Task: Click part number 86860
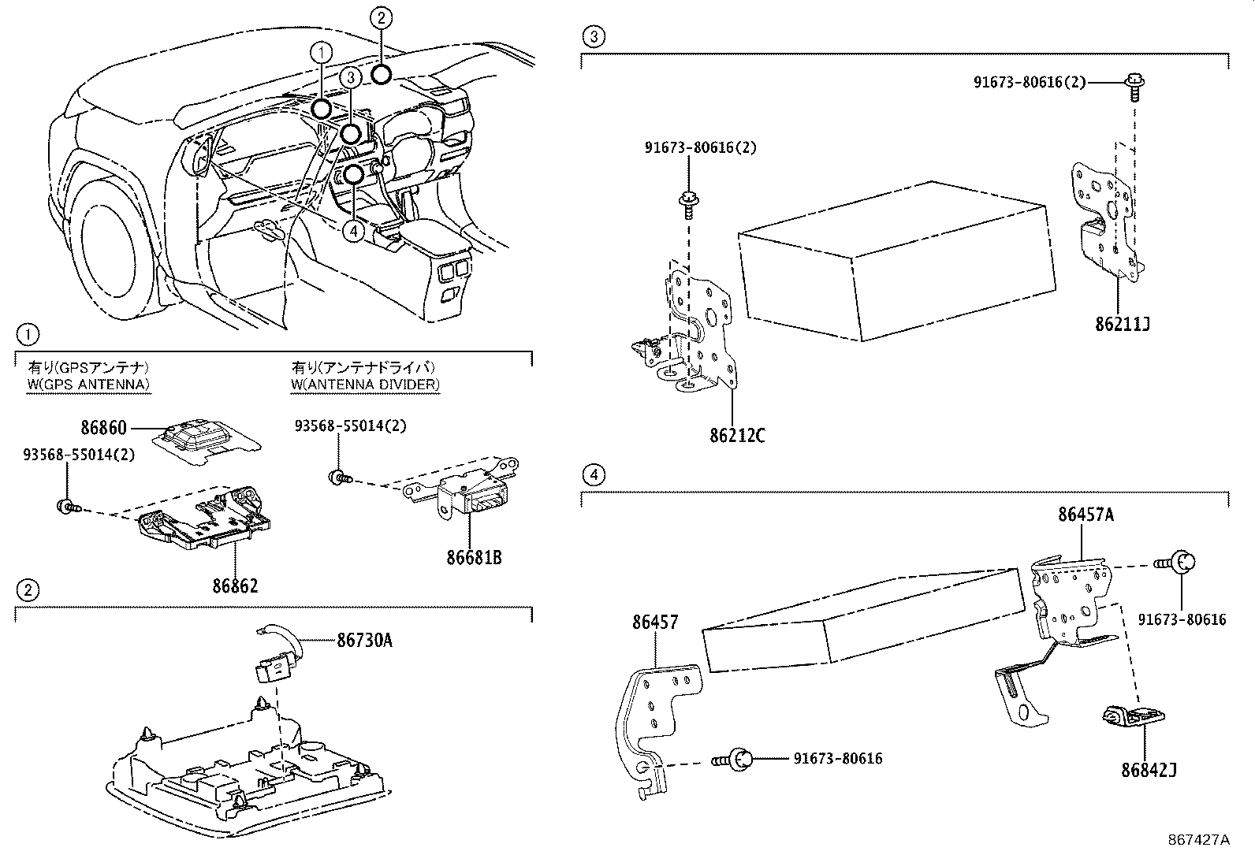tap(103, 428)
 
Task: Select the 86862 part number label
tap(235, 585)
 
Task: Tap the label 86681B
tap(474, 558)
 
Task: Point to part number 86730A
tap(364, 641)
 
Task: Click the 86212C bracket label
tap(737, 435)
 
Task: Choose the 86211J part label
tap(1122, 324)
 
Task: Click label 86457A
tap(1086, 515)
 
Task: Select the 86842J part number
tap(1149, 770)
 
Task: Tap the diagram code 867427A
tap(1198, 839)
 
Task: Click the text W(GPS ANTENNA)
tap(88, 385)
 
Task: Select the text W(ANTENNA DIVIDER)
tap(365, 385)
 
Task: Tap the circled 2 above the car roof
tap(380, 17)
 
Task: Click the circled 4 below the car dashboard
tap(354, 231)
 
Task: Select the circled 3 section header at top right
tap(594, 35)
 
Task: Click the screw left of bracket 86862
tap(67, 507)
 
